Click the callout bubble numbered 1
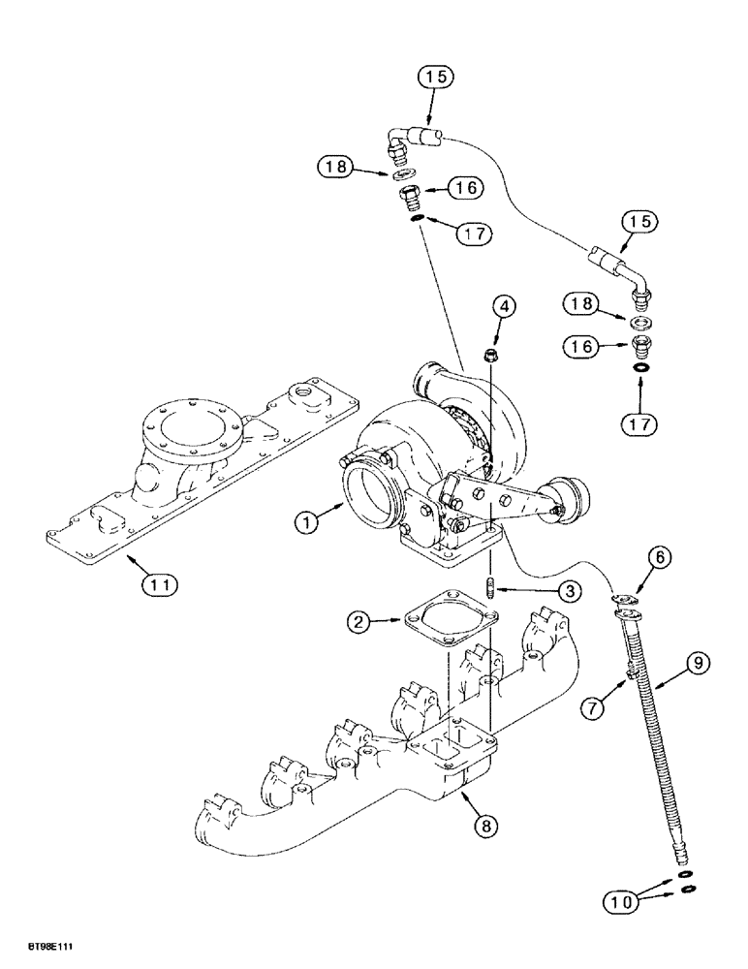[x=308, y=522]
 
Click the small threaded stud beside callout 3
[x=491, y=590]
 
